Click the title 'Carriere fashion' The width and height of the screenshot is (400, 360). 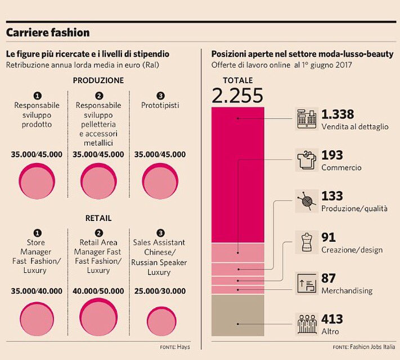coord(48,33)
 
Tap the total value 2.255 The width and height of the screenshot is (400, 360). coord(237,96)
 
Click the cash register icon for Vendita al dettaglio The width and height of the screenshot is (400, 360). coord(306,119)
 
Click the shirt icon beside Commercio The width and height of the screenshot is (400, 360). coord(306,160)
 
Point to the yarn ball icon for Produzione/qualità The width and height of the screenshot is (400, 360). coord(306,201)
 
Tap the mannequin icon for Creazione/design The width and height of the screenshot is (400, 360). coord(306,242)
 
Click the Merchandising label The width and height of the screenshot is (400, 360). coord(347,291)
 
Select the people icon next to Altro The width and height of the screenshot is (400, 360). coord(306,325)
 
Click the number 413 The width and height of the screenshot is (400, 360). coord(332,319)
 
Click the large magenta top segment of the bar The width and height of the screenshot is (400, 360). coord(237,174)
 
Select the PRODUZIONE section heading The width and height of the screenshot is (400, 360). coord(98,80)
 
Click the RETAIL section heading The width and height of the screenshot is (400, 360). coord(98,218)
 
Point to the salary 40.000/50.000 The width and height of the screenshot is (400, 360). coord(98,291)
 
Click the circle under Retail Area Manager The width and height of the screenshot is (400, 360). coord(98,318)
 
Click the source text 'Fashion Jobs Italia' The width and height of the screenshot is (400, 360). coord(372,346)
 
